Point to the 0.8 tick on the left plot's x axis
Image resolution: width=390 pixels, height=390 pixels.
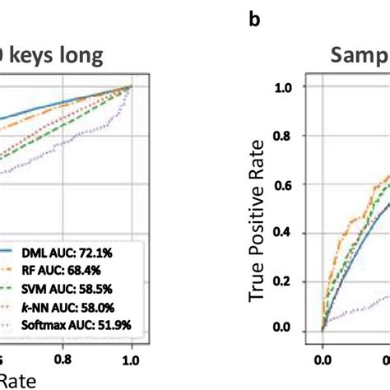click(63, 359)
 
